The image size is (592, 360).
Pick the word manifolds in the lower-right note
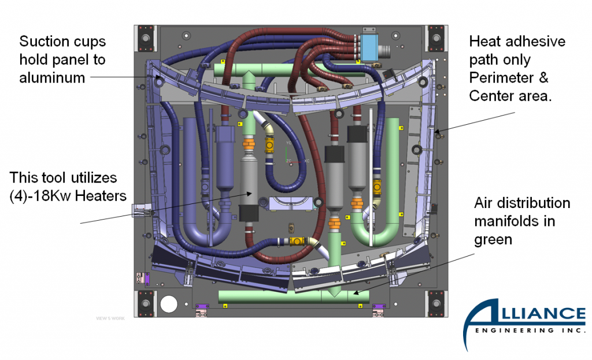[x=504, y=221]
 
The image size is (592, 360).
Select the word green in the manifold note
[x=493, y=238]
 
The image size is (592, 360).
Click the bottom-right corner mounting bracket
[x=436, y=304]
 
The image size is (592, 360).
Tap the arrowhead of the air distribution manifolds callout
[x=354, y=293]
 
